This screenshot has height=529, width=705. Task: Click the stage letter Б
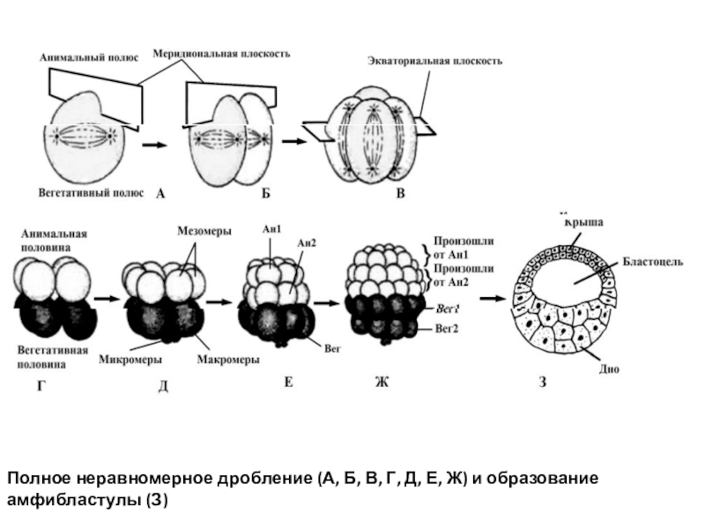(264, 192)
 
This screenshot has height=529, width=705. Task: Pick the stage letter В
(399, 192)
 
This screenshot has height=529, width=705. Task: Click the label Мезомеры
(204, 232)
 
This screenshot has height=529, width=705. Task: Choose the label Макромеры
(227, 359)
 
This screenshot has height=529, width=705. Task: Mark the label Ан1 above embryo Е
(271, 229)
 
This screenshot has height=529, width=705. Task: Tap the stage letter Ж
(382, 382)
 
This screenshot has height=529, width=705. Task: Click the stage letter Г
(40, 385)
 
